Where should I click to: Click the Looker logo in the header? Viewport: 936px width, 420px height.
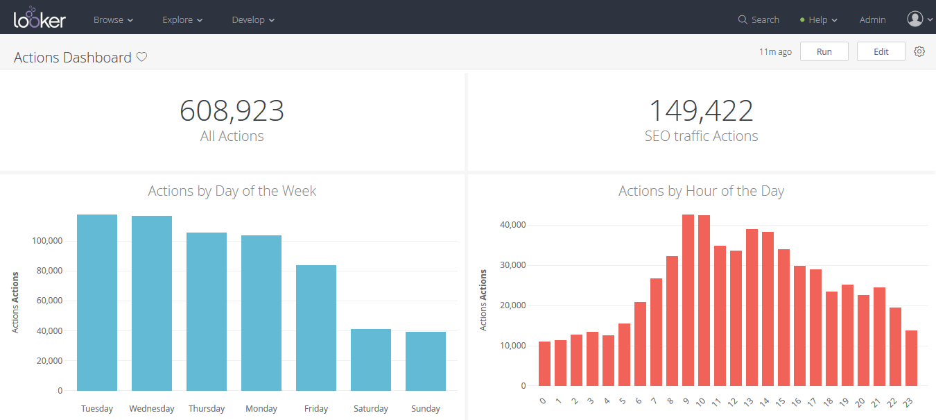pos(40,18)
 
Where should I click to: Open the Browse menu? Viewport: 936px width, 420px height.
pos(113,20)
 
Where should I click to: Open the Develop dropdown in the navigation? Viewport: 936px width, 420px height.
pos(253,20)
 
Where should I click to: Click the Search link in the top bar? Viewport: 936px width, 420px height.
pos(759,20)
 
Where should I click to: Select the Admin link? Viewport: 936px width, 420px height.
pos(872,20)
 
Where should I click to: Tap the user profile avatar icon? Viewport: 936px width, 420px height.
pos(915,19)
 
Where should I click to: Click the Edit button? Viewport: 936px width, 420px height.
pos(881,52)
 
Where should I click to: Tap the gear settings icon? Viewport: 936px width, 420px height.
pos(919,51)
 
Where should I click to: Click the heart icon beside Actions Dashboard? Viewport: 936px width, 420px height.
pos(141,58)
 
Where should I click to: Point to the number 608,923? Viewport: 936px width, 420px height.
pos(232,111)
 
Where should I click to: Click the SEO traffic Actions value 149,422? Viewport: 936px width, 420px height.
pos(701,111)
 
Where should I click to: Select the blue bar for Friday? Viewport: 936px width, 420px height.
pos(316,328)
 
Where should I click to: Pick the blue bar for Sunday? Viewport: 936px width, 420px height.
pos(426,361)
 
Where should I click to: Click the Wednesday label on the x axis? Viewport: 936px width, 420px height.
pos(152,409)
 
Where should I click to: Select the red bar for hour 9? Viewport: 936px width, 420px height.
pos(688,300)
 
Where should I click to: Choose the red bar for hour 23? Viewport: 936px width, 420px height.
pos(911,358)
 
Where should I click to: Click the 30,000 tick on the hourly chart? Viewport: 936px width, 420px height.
pos(513,265)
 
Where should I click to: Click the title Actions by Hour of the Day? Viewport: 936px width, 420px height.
pos(701,191)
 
